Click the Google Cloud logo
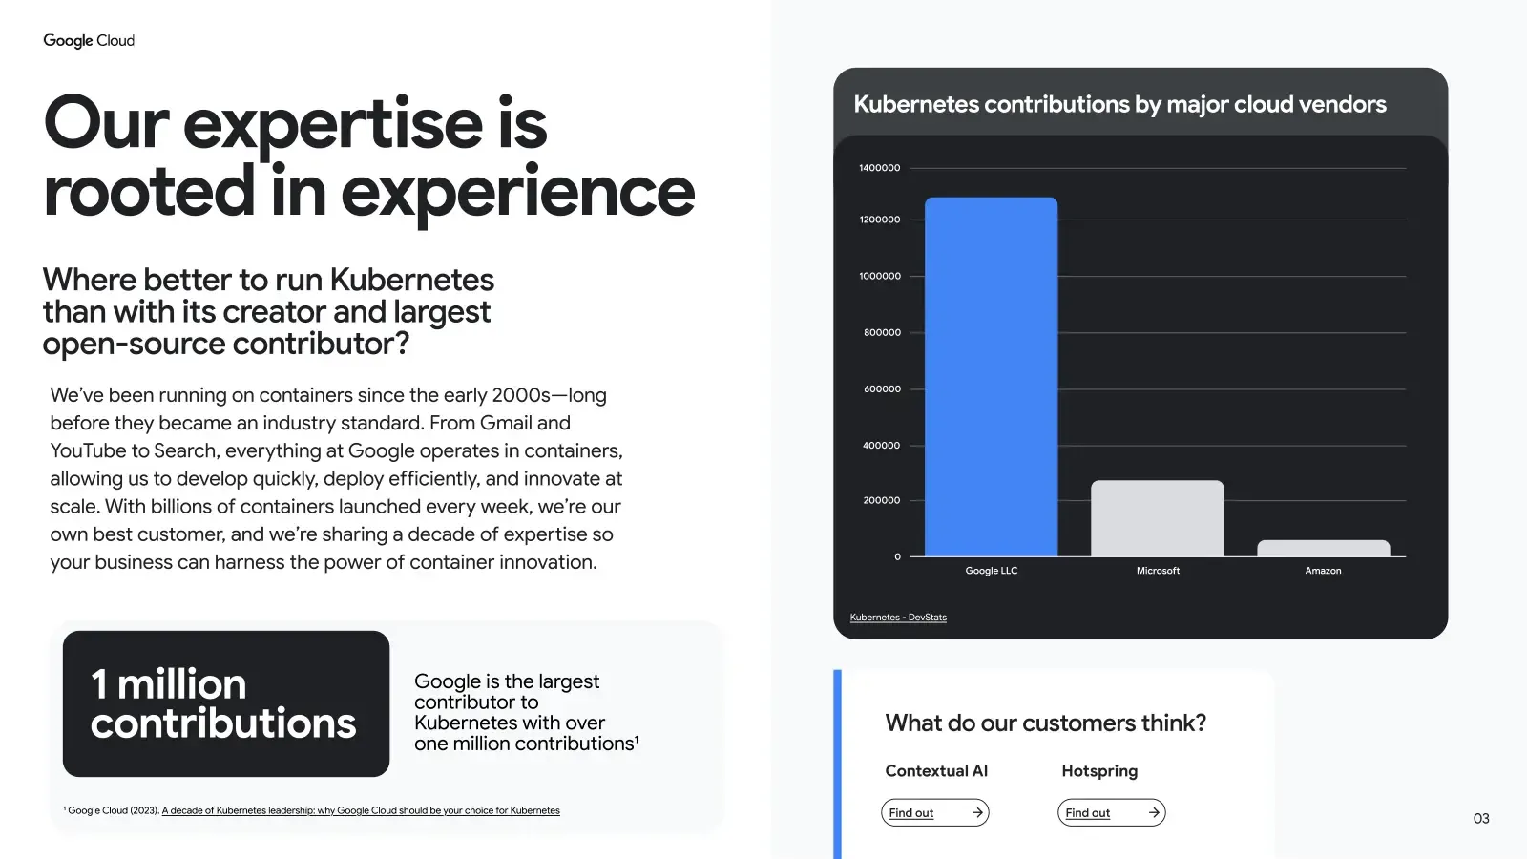coord(89,40)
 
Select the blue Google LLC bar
coord(991,377)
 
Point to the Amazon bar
coord(1323,549)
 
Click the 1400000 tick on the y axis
coord(879,168)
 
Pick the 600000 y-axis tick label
coord(882,389)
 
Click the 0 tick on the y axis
coord(897,556)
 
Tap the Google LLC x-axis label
coord(991,571)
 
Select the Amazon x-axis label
coord(1323,571)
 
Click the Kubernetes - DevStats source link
coord(898,618)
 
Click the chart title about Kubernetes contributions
coord(1119,104)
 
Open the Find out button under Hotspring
coord(1111,812)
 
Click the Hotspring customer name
coord(1099,771)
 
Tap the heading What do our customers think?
coord(1045,723)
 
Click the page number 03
coord(1481,819)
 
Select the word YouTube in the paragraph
coord(88,450)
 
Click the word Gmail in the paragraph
coord(506,423)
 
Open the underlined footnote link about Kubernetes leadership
coord(361,810)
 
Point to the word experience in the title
coord(518,193)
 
